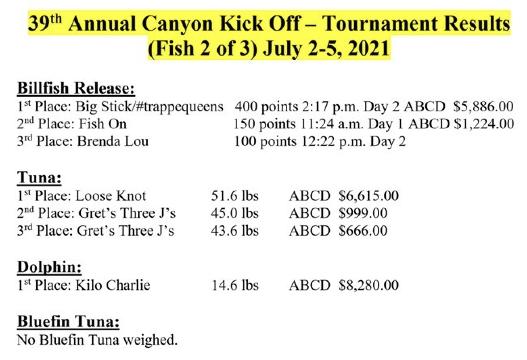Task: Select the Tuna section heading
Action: click(x=39, y=178)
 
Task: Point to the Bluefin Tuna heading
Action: click(x=68, y=322)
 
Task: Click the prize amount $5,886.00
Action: click(x=483, y=107)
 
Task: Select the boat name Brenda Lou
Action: click(x=112, y=142)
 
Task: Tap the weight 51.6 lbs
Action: click(x=235, y=196)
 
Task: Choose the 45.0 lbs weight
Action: click(x=235, y=213)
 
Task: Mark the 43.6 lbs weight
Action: click(x=235, y=231)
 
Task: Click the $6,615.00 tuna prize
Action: click(x=368, y=196)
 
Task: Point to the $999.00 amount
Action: click(x=363, y=213)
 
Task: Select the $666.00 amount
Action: click(x=363, y=231)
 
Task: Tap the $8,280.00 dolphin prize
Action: click(x=368, y=285)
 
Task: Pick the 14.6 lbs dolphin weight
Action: click(x=235, y=285)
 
